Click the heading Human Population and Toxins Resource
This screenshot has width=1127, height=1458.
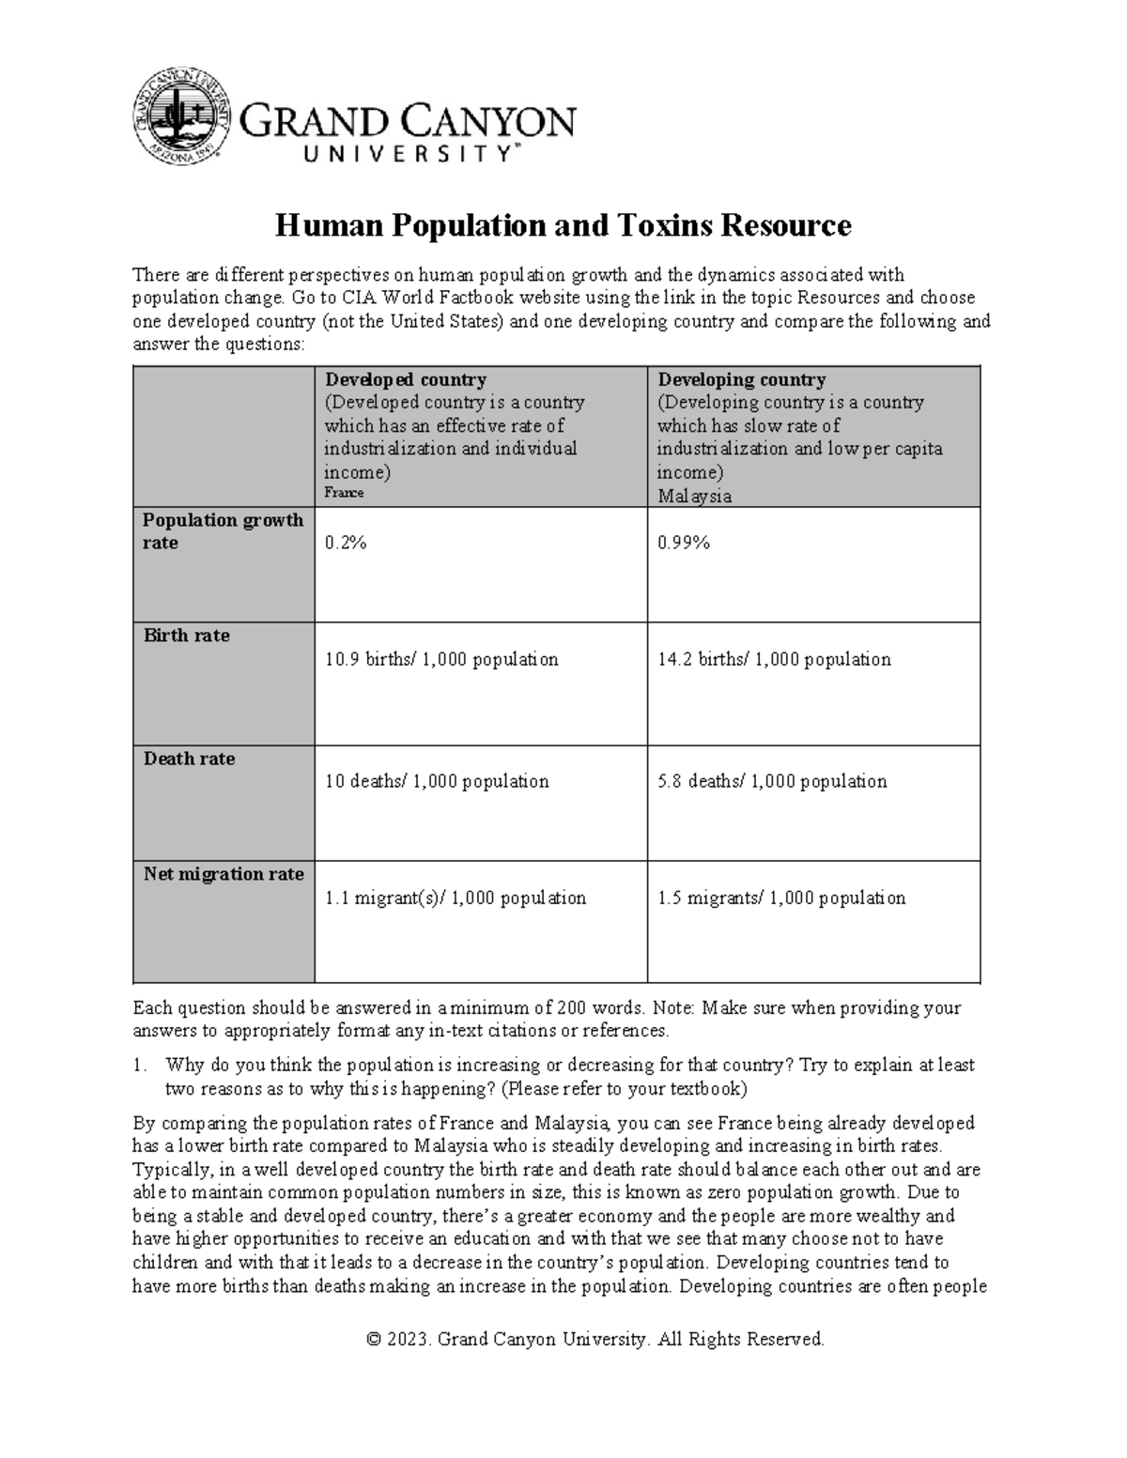click(563, 226)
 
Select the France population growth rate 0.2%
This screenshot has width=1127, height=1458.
click(346, 543)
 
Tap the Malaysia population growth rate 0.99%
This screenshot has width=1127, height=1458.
click(684, 543)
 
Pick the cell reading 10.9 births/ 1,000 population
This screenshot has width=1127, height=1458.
click(441, 659)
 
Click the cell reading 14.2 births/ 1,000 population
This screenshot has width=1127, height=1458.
click(774, 659)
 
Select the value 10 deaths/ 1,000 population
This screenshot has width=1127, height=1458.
click(437, 781)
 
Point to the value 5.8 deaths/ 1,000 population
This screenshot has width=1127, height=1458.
click(772, 781)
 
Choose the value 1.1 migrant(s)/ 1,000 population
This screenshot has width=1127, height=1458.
click(455, 898)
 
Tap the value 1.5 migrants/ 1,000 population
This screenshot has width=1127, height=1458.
click(781, 898)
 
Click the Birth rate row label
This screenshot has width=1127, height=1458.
click(186, 636)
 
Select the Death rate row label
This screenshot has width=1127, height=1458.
click(189, 759)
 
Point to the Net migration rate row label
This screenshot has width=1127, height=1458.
click(224, 874)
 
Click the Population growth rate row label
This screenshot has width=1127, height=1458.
click(223, 531)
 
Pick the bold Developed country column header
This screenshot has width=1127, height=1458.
click(406, 379)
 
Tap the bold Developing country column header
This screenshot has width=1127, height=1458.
click(741, 379)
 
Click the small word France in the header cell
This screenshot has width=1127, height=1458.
click(344, 493)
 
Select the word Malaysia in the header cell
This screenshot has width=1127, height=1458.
click(694, 496)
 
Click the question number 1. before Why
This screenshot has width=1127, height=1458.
click(140, 1066)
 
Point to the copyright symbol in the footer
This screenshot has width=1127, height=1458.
click(374, 1339)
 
